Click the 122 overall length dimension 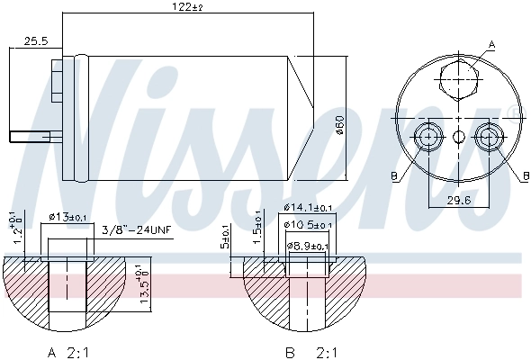point(185,8)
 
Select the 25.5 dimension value point(36,41)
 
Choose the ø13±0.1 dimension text point(68,217)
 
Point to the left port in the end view point(427,137)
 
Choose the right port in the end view point(489,137)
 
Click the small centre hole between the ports point(458,137)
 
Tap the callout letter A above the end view point(491,43)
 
